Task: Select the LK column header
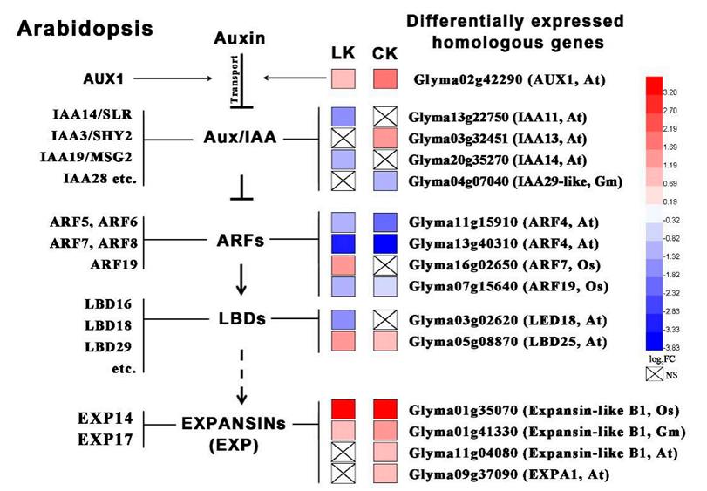pyautogui.click(x=343, y=54)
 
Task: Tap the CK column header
pyautogui.click(x=384, y=54)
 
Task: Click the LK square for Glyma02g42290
pyautogui.click(x=343, y=81)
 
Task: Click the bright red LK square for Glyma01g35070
pyautogui.click(x=343, y=407)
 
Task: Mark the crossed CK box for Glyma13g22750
pyautogui.click(x=385, y=117)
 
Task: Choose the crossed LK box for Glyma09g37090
pyautogui.click(x=343, y=474)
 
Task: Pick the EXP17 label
pyautogui.click(x=106, y=440)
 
